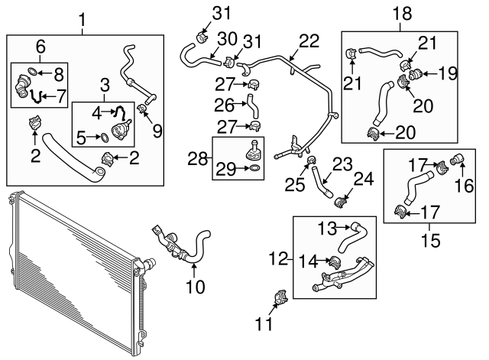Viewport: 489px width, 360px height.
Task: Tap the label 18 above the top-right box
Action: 402,13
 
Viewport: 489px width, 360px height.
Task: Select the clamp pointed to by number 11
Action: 280,297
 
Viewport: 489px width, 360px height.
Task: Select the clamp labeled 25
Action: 312,161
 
